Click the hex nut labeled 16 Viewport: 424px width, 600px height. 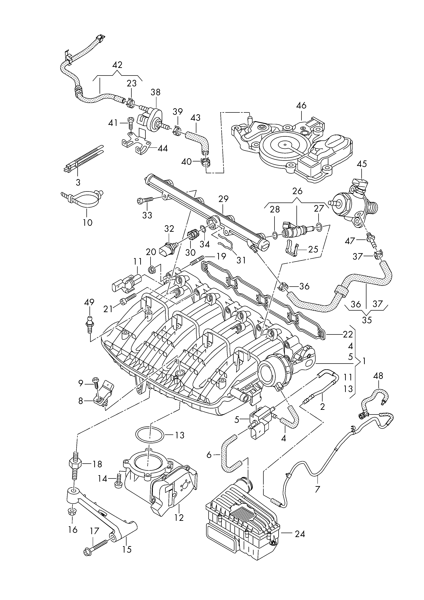(72, 511)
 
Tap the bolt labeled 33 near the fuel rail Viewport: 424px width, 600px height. (146, 200)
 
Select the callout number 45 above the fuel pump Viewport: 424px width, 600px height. (362, 164)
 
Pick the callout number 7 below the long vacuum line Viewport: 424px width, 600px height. (317, 488)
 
